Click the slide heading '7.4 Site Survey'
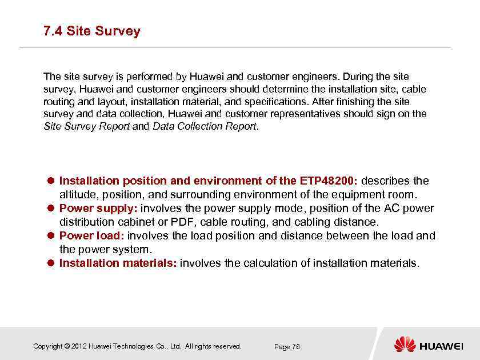click(x=91, y=31)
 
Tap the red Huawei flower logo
click(x=405, y=344)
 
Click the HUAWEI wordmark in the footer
click(x=441, y=346)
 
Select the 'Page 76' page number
click(x=287, y=347)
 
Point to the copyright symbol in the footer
click(x=67, y=346)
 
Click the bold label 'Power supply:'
click(x=98, y=209)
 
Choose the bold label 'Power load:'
click(x=92, y=235)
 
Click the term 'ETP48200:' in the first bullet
click(x=329, y=181)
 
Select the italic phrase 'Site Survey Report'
click(x=87, y=126)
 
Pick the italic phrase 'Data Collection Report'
click(x=205, y=126)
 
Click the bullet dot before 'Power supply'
click(x=50, y=209)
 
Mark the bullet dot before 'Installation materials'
click(x=50, y=263)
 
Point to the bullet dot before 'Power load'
click(x=50, y=235)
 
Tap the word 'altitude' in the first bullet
click(x=78, y=195)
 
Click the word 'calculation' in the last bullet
click(x=271, y=263)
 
